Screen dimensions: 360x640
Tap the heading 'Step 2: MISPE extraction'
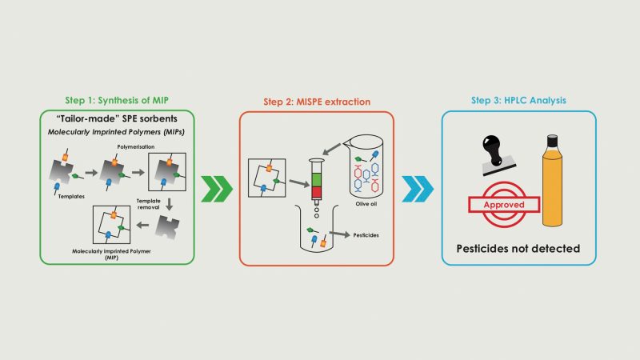pos(316,102)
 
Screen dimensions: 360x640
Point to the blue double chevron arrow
pos(418,190)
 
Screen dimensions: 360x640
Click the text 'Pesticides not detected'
pos(518,248)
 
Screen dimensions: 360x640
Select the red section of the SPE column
pos(314,203)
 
